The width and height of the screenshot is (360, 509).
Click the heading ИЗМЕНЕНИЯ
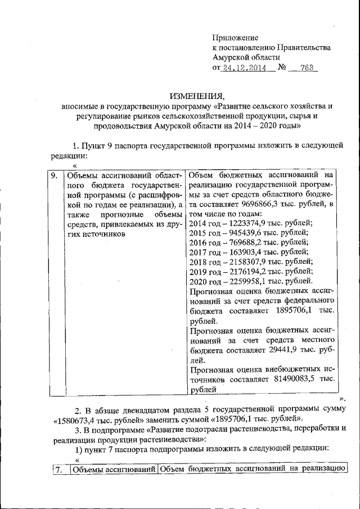click(x=196, y=95)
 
